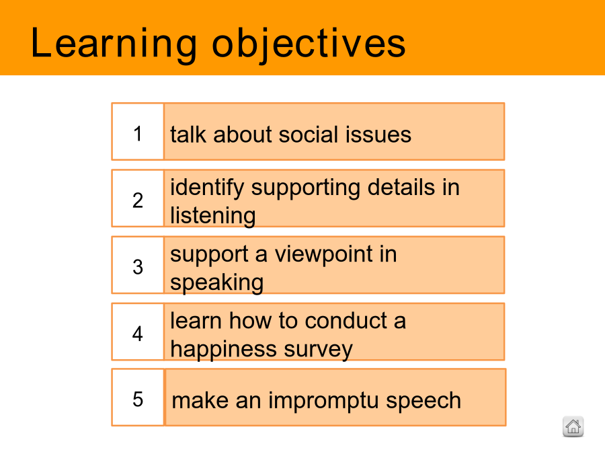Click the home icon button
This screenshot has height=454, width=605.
click(573, 426)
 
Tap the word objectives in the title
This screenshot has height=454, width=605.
click(309, 44)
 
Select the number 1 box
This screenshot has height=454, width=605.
click(138, 131)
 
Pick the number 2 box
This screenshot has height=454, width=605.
click(138, 198)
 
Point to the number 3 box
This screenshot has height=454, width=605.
click(138, 265)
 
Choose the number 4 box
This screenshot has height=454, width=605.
click(138, 332)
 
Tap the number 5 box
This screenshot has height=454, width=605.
click(138, 398)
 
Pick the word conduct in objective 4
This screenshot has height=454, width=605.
click(346, 321)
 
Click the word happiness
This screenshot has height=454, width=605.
click(223, 350)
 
